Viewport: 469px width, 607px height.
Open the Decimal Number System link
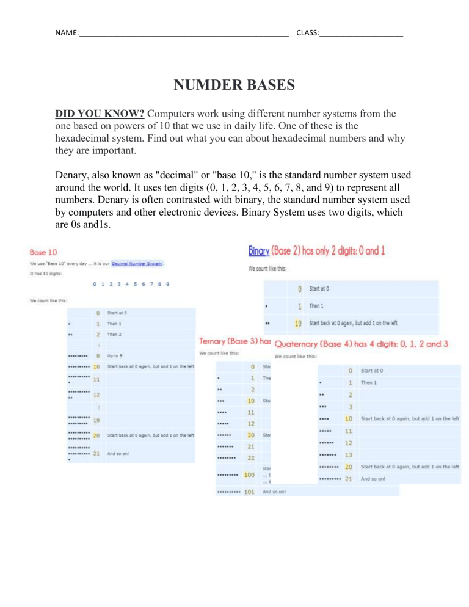pyautogui.click(x=137, y=264)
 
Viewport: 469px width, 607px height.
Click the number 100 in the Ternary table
pyautogui.click(x=249, y=474)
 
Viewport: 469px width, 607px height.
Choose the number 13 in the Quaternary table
pyautogui.click(x=348, y=454)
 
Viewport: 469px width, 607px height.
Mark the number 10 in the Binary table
pyautogui.click(x=297, y=323)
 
